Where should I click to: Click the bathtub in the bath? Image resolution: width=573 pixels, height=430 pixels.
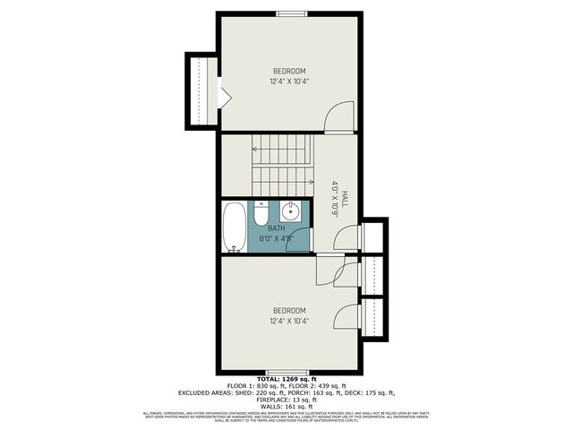(x=232, y=227)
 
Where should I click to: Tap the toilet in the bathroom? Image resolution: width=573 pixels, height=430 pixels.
(x=261, y=215)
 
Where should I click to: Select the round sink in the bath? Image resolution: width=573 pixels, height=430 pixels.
(x=290, y=212)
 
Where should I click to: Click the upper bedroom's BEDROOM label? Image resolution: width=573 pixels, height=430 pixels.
(x=289, y=72)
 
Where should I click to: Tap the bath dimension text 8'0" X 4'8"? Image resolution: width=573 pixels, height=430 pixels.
(x=276, y=239)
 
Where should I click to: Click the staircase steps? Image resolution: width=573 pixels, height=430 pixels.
(x=281, y=161)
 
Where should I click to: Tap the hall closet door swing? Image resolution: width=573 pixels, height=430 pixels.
(x=344, y=237)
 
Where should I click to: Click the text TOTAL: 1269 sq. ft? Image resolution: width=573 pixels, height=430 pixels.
(x=286, y=380)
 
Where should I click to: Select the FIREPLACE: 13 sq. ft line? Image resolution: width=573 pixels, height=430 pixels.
(x=286, y=400)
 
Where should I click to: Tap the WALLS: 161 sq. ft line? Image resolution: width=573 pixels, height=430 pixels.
(x=286, y=407)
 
